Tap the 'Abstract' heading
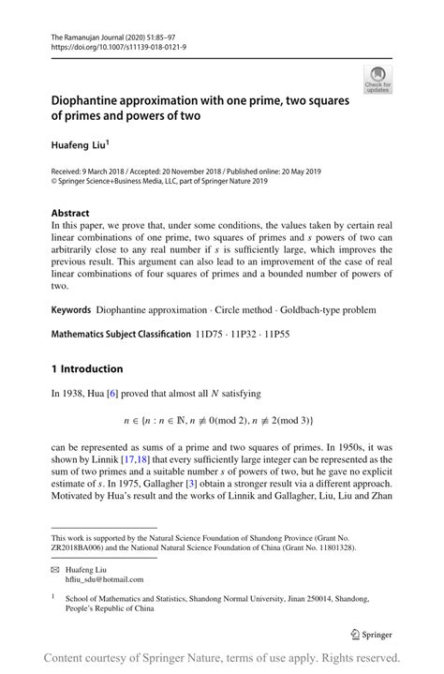tap(71, 213)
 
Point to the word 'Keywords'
tap(71, 308)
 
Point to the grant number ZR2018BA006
tap(82, 547)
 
